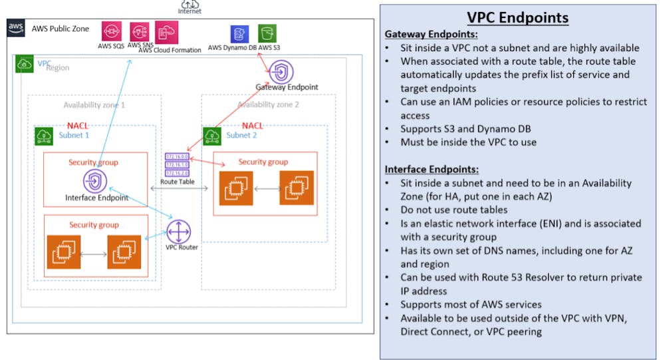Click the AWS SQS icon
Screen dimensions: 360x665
click(x=112, y=31)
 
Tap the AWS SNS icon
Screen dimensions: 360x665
click(x=140, y=31)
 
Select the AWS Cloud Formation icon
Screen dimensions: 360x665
click(x=164, y=31)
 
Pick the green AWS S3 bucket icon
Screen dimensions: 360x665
click(x=267, y=34)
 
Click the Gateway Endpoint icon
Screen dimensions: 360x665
click(x=280, y=71)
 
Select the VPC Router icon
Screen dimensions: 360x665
click(x=178, y=232)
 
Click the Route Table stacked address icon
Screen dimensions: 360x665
click(x=177, y=164)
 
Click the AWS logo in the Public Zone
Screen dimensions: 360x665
click(x=16, y=27)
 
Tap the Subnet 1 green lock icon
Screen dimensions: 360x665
click(x=45, y=136)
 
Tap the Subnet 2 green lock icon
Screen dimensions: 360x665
click(x=213, y=136)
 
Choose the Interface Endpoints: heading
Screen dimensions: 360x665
click(x=431, y=169)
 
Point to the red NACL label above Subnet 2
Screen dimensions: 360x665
click(x=253, y=126)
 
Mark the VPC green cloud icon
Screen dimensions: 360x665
click(x=24, y=65)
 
